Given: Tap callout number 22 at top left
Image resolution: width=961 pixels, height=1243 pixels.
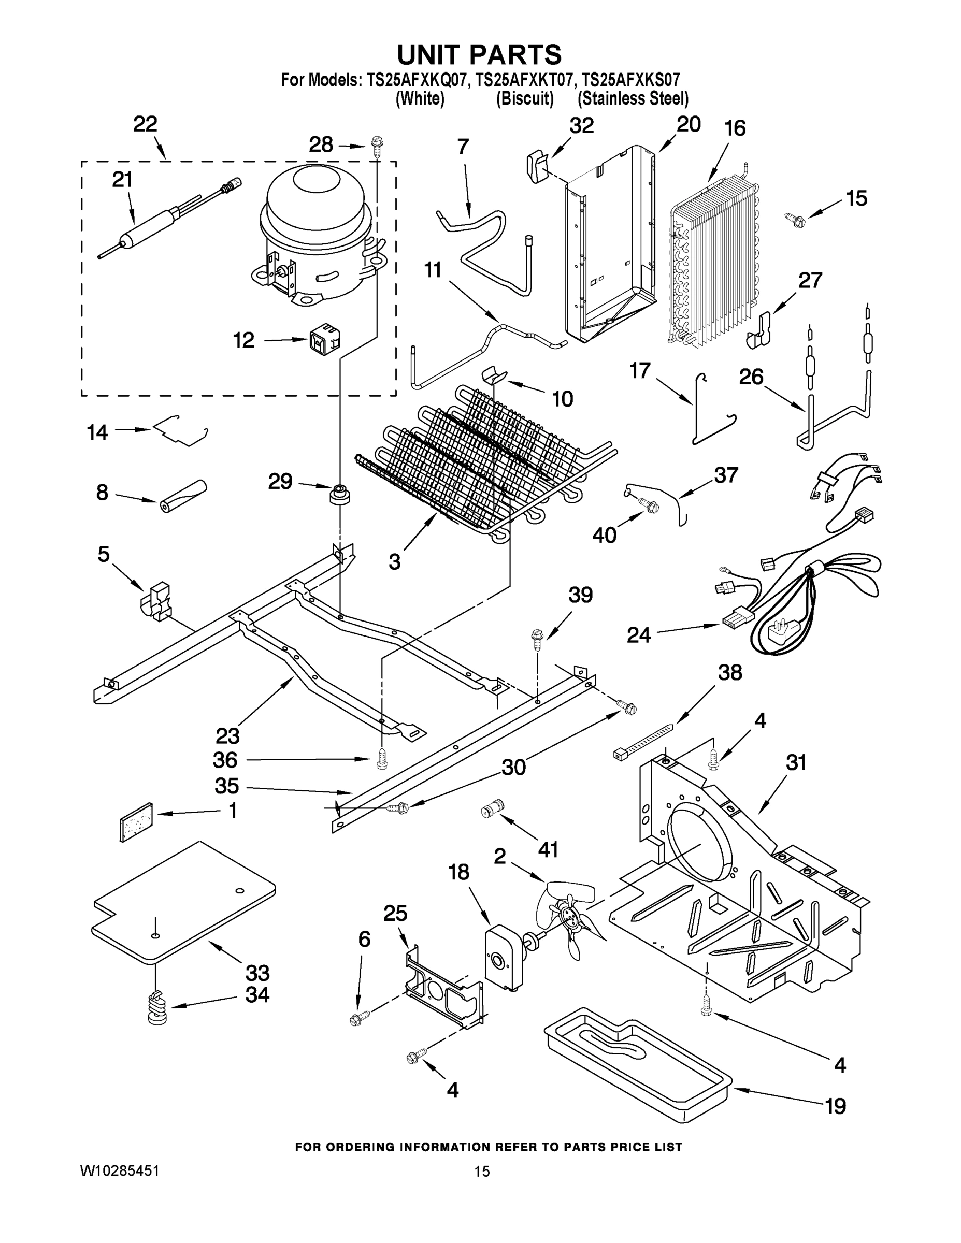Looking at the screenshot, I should [145, 124].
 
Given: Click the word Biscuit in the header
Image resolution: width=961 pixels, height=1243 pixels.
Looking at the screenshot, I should [524, 99].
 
